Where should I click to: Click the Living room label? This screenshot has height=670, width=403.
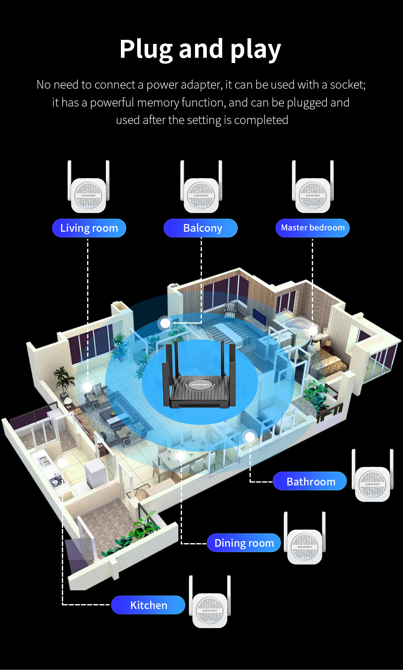(x=89, y=228)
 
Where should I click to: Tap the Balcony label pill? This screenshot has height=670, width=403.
(x=201, y=228)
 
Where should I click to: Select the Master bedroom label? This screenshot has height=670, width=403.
(x=313, y=228)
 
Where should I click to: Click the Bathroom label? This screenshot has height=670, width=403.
(x=310, y=481)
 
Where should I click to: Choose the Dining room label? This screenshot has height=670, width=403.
(x=244, y=543)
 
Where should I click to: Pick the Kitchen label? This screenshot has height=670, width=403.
(x=148, y=605)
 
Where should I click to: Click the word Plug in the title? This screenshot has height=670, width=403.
(x=146, y=50)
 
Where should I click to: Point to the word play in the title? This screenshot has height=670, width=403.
(x=256, y=50)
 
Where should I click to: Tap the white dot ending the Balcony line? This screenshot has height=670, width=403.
(x=165, y=323)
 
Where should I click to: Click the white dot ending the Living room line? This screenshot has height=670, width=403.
(x=88, y=387)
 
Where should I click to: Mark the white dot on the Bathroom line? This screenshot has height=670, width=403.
(x=250, y=437)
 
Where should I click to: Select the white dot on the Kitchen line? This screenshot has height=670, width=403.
(x=62, y=463)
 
